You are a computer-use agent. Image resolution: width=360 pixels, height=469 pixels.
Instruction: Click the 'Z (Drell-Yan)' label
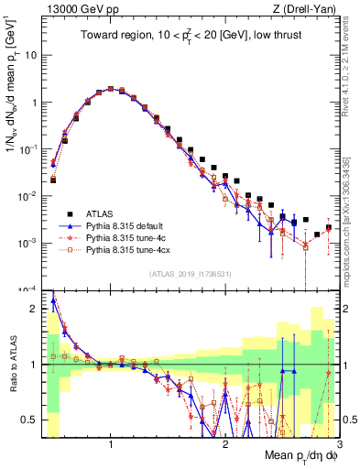[x=308, y=9]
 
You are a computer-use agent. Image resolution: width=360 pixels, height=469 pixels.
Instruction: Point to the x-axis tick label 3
[x=339, y=444]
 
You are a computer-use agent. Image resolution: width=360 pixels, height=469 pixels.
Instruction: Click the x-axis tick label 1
[x=111, y=444]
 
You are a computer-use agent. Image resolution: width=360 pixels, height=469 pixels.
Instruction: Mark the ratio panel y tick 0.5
[x=31, y=420]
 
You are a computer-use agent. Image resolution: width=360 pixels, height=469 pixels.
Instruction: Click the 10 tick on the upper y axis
[x=31, y=55]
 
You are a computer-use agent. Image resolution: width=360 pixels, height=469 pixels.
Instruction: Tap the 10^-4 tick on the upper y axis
[x=29, y=289]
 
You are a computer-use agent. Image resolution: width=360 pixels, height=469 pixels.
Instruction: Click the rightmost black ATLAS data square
[x=329, y=228]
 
